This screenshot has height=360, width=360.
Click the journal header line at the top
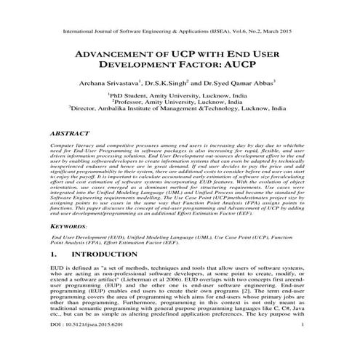coord(180,32)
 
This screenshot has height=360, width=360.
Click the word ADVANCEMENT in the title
coord(119,56)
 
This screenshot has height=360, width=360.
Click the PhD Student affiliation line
coord(180,95)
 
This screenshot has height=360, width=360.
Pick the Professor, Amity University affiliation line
coord(180,103)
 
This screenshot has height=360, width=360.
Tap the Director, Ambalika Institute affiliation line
coord(180,111)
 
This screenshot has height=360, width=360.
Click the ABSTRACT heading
coord(71,135)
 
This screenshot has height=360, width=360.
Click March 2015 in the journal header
coord(283,32)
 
